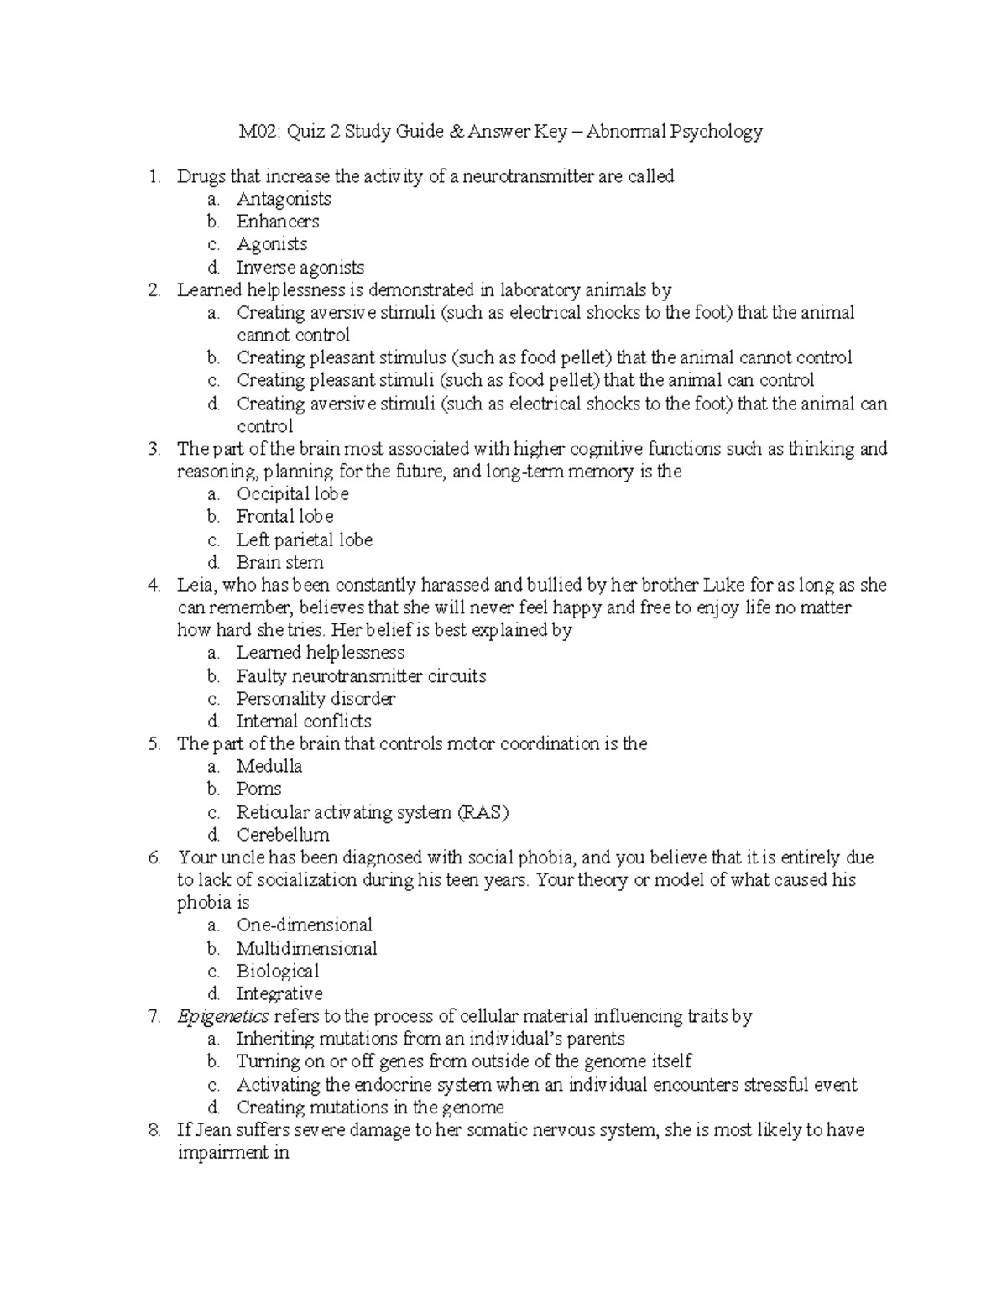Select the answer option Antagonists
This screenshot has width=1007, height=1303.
[x=284, y=199]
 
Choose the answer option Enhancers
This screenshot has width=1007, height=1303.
[x=278, y=222]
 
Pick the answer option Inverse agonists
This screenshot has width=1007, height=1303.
[x=300, y=268]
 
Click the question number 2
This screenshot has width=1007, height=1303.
[x=154, y=290]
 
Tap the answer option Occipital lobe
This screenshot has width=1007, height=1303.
[x=292, y=494]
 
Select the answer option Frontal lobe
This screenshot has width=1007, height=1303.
[x=284, y=517]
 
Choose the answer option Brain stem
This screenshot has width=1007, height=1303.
[x=279, y=562]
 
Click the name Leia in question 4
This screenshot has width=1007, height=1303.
[x=194, y=585]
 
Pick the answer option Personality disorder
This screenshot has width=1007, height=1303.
[x=316, y=698]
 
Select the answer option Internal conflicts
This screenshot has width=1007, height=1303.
[x=304, y=721]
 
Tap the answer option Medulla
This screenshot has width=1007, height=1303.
[x=269, y=766]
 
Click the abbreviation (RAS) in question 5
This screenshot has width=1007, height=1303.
[x=482, y=812]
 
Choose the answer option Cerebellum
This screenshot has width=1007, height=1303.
[x=283, y=835]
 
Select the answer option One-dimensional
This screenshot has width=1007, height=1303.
[x=305, y=925]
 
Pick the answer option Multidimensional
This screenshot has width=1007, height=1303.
[x=306, y=948]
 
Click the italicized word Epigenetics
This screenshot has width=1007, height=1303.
[x=223, y=1017]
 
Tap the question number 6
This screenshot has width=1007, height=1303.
[x=154, y=857]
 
